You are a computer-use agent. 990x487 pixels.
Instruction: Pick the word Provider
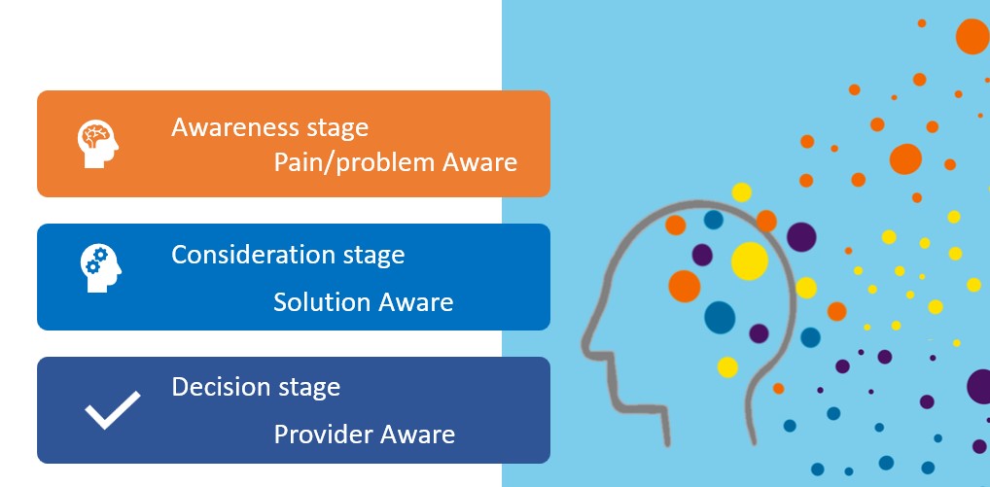(319, 435)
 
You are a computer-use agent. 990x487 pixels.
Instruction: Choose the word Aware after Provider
(417, 435)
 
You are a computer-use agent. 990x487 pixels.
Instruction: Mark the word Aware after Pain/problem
(479, 162)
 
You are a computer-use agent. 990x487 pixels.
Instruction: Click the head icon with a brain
(98, 145)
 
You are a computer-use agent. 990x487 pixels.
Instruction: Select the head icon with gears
(100, 267)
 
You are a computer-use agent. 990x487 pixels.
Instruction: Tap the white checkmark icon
(113, 410)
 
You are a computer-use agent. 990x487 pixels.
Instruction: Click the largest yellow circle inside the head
(750, 261)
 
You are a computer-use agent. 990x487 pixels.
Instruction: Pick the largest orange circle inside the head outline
(685, 287)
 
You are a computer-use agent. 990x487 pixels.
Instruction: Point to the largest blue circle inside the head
(720, 317)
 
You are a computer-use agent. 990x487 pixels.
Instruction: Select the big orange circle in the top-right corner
(972, 37)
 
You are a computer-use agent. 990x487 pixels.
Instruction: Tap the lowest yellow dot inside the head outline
(727, 367)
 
